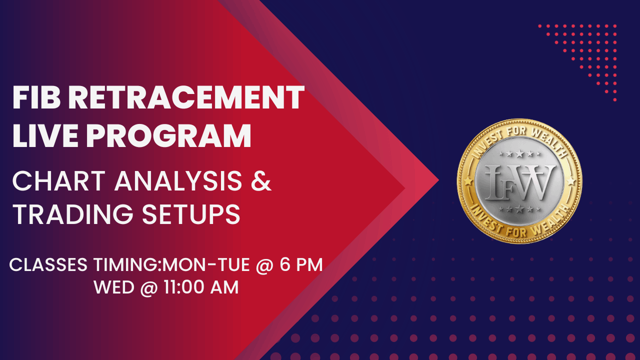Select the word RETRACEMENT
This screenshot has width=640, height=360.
[186, 98]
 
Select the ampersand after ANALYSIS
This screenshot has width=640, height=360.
[260, 181]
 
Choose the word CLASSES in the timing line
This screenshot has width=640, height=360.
[48, 265]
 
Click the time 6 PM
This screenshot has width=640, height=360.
[301, 265]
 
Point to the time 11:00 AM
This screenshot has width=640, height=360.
[199, 288]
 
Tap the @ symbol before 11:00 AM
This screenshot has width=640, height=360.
[149, 288]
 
